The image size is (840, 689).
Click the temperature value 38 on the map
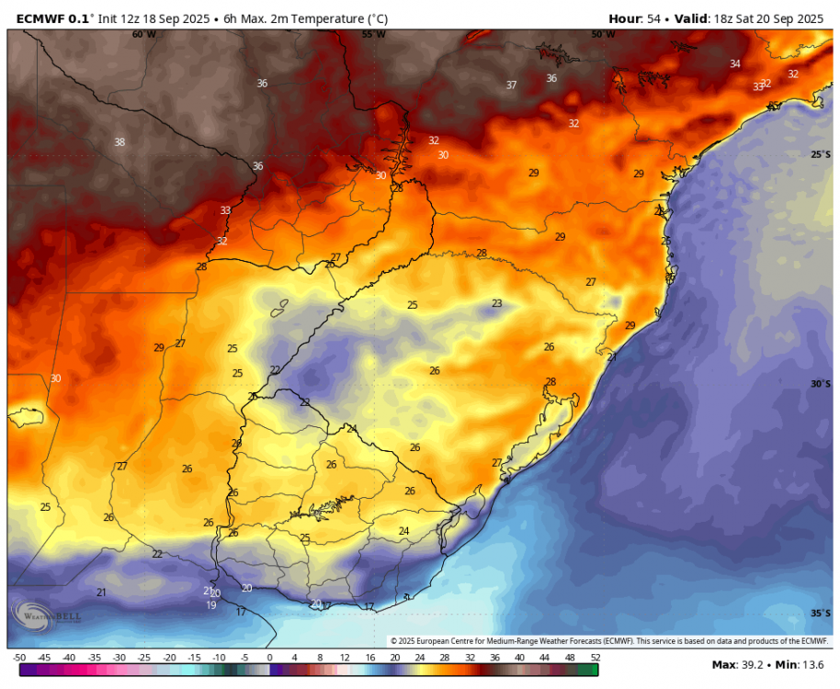[119, 142]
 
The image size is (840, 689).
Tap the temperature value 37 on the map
[512, 85]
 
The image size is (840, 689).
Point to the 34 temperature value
[735, 64]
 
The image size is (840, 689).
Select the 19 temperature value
[211, 605]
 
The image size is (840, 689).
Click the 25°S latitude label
[821, 155]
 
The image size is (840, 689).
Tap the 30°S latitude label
[821, 384]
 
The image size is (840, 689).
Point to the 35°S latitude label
[821, 613]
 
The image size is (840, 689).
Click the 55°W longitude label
[373, 34]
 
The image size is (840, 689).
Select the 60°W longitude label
[143, 34]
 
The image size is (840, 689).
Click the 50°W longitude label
[603, 34]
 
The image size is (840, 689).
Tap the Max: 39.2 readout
[739, 665]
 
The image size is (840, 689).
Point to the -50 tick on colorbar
[19, 658]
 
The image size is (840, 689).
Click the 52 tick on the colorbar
[596, 658]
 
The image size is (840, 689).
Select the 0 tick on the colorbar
[269, 658]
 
